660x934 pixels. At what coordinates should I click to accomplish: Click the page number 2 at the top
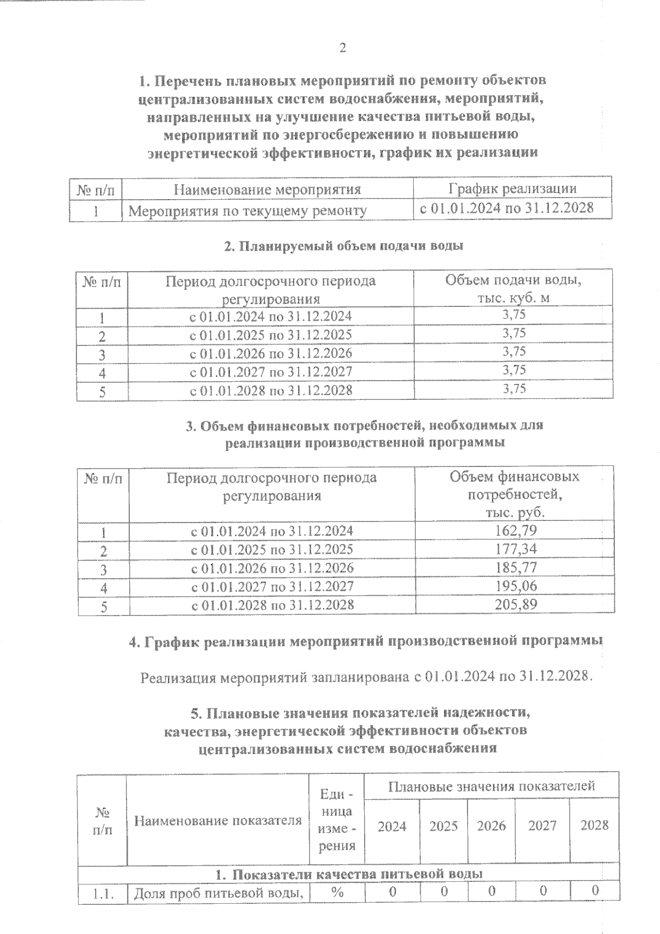pyautogui.click(x=343, y=48)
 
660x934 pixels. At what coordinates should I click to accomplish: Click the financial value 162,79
pyautogui.click(x=515, y=531)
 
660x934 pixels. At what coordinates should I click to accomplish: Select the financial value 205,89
pyautogui.click(x=515, y=605)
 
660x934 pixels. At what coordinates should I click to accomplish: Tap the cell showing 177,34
pyautogui.click(x=515, y=549)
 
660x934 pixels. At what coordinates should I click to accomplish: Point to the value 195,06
pyautogui.click(x=515, y=586)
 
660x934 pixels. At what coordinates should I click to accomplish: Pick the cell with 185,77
pyautogui.click(x=515, y=567)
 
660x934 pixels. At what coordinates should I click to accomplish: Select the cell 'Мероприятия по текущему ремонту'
pyautogui.click(x=248, y=211)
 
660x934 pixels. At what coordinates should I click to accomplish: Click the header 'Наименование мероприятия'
pyautogui.click(x=267, y=190)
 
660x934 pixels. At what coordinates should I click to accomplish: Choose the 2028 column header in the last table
pyautogui.click(x=595, y=825)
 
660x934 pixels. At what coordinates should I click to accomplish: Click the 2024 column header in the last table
pyautogui.click(x=392, y=827)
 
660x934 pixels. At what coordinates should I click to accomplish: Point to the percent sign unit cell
pyautogui.click(x=337, y=892)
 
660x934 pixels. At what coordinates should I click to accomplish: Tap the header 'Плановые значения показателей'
pyautogui.click(x=492, y=786)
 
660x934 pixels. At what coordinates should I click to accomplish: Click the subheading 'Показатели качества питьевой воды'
pyautogui.click(x=349, y=874)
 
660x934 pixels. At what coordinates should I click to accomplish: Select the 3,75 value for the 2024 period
pyautogui.click(x=514, y=315)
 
